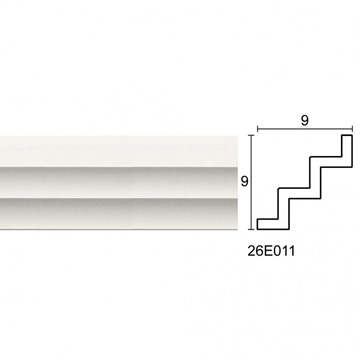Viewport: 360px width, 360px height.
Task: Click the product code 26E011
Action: pyautogui.click(x=271, y=251)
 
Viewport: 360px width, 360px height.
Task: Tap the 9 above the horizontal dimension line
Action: pyautogui.click(x=305, y=121)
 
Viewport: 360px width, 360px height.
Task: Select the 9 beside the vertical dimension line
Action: pyautogui.click(x=245, y=182)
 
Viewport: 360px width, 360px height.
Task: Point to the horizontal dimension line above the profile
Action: pyautogui.click(x=305, y=129)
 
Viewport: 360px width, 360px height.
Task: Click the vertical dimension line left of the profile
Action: pyautogui.click(x=251, y=182)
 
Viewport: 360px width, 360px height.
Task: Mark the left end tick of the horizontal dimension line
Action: pyautogui.click(x=257, y=129)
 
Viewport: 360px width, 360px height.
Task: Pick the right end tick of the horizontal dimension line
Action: pyautogui.click(x=352, y=129)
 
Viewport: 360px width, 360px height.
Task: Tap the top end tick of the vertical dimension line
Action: pyautogui.click(x=251, y=135)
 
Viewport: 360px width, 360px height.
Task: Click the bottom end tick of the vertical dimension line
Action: pyautogui.click(x=251, y=229)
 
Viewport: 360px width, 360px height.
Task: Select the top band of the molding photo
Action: pyautogui.click(x=119, y=151)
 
